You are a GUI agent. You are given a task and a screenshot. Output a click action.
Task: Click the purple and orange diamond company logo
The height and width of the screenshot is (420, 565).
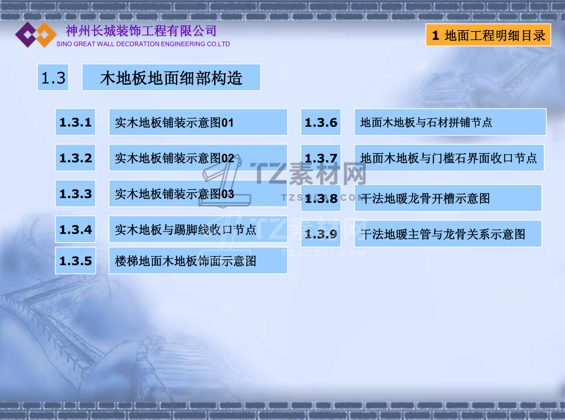pyautogui.click(x=36, y=34)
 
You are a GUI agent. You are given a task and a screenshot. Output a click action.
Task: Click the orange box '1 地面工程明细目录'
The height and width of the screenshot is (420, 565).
pyautogui.click(x=488, y=35)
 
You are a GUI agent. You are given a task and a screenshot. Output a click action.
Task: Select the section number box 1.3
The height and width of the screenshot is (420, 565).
pyautogui.click(x=53, y=77)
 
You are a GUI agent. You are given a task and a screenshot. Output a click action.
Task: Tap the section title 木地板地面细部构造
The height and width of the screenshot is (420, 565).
pyautogui.click(x=171, y=77)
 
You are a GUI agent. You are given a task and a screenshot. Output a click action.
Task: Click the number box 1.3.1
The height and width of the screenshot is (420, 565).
pyautogui.click(x=76, y=122)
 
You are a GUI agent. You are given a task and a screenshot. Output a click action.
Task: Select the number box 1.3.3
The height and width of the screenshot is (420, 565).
pyautogui.click(x=76, y=194)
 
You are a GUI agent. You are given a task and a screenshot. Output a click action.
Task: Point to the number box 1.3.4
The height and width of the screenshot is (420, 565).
pyautogui.click(x=76, y=229)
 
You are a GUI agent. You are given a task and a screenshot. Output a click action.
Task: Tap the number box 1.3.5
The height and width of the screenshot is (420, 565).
pyautogui.click(x=76, y=261)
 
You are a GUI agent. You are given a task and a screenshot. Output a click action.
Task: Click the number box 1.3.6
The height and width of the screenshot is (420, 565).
pyautogui.click(x=321, y=122)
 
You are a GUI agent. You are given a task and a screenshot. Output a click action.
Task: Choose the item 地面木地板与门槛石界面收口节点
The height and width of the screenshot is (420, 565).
pyautogui.click(x=449, y=158)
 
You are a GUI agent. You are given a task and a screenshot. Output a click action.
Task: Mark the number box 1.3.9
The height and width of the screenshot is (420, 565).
pyautogui.click(x=321, y=234)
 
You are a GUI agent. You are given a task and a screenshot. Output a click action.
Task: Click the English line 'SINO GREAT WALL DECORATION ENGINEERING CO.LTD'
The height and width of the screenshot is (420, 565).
pyautogui.click(x=143, y=44)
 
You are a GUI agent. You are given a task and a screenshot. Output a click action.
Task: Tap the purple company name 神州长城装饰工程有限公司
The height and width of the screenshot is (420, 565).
pyautogui.click(x=141, y=31)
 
